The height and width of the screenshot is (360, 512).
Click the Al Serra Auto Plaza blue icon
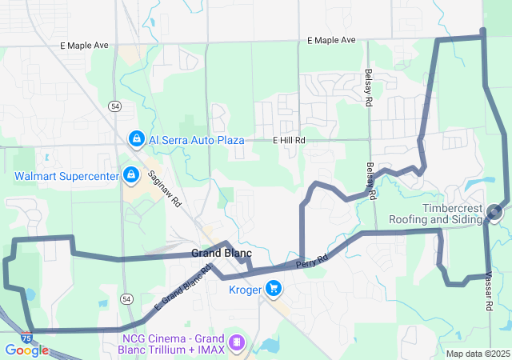[x=137, y=140]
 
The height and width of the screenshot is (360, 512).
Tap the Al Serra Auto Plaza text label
[x=196, y=140]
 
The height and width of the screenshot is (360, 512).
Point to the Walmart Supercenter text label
[x=66, y=175]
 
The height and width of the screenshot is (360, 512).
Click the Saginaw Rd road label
[x=164, y=189]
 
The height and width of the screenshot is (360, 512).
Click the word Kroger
[x=246, y=290]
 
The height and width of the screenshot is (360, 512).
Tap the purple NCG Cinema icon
[x=235, y=342]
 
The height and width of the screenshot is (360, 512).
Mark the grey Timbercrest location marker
[x=494, y=212]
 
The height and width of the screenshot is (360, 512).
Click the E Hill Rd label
[x=289, y=140]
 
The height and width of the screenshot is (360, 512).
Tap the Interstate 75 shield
[x=27, y=338]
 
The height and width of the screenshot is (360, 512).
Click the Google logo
[x=26, y=350]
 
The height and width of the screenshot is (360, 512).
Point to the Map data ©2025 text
[x=477, y=354]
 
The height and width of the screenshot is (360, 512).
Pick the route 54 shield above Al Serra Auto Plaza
[x=116, y=106]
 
